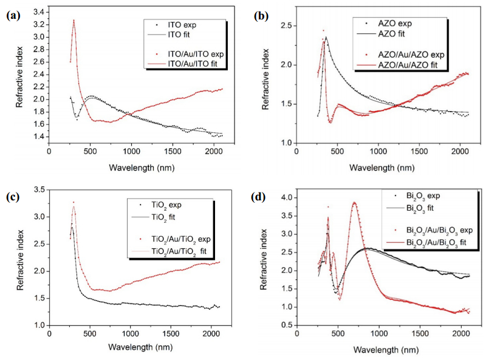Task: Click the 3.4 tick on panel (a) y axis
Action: coord(39,12)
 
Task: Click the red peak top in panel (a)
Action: coord(74,20)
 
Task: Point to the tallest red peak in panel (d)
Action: coord(355,203)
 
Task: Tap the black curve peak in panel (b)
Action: coord(326,38)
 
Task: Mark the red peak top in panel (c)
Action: coord(74,203)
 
